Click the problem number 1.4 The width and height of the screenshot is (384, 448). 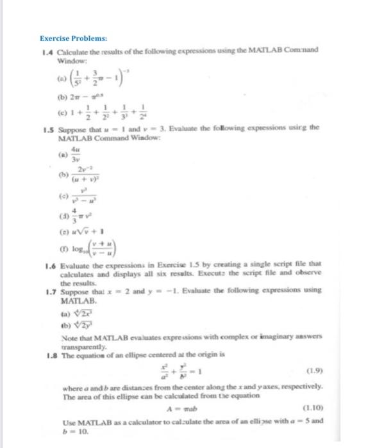click(47, 51)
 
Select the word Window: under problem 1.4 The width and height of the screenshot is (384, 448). click(71, 60)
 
